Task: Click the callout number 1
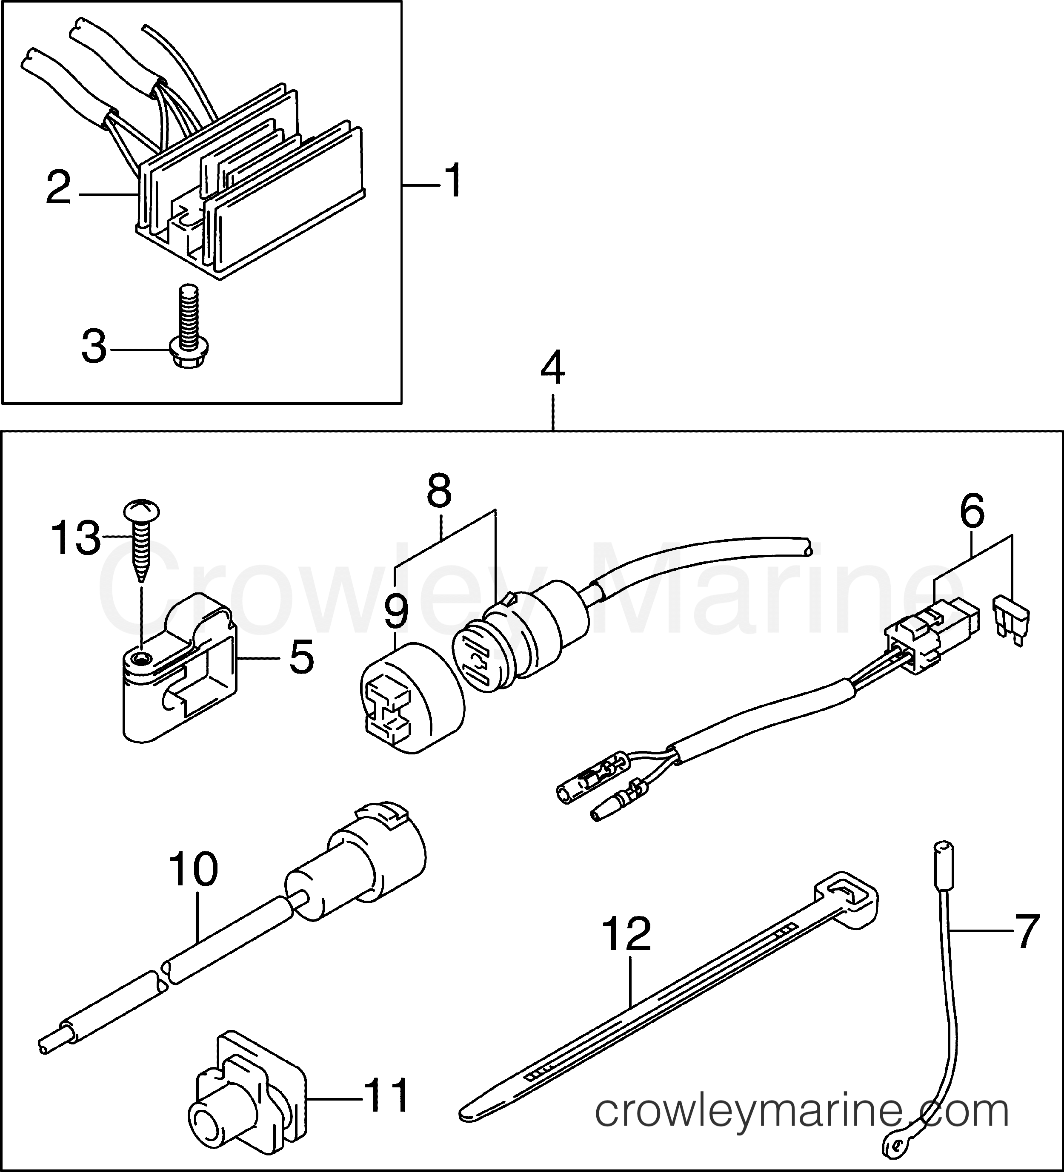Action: point(452,180)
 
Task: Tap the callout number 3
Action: point(94,347)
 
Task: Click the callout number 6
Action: point(972,512)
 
